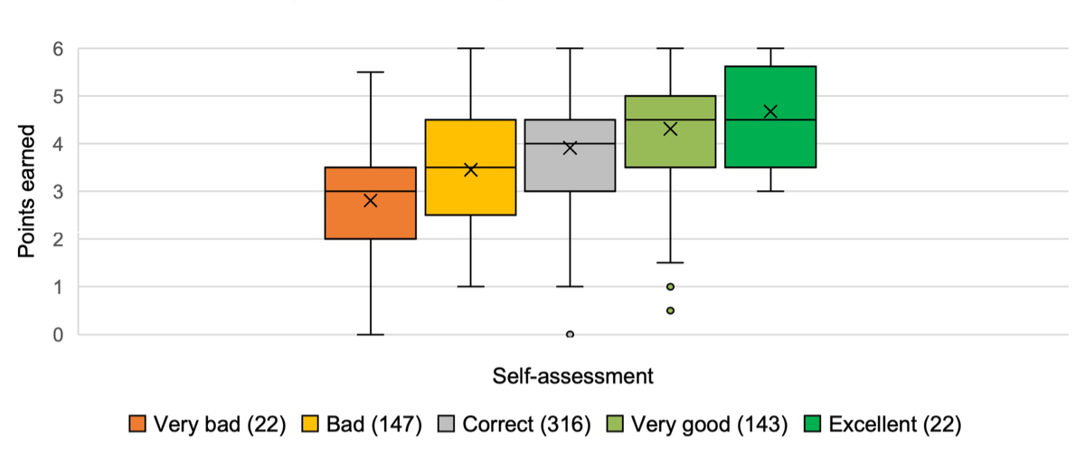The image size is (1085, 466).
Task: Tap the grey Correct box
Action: (x=570, y=172)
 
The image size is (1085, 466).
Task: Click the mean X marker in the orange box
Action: (x=371, y=200)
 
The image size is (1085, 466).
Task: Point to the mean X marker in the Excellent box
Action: (x=770, y=111)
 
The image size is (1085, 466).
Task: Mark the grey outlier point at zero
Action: (x=570, y=334)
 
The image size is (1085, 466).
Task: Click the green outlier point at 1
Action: (x=670, y=287)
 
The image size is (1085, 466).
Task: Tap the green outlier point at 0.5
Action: (x=670, y=310)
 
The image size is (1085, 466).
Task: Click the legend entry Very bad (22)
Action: (x=208, y=424)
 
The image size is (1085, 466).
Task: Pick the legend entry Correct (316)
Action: (x=514, y=424)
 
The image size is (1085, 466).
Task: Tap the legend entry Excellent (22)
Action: (x=882, y=424)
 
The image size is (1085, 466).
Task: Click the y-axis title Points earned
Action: (x=28, y=192)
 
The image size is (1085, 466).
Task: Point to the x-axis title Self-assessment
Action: (x=573, y=375)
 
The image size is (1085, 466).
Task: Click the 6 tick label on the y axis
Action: (x=58, y=48)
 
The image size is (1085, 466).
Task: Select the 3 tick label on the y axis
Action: (x=58, y=191)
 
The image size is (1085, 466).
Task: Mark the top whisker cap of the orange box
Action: (x=371, y=71)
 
